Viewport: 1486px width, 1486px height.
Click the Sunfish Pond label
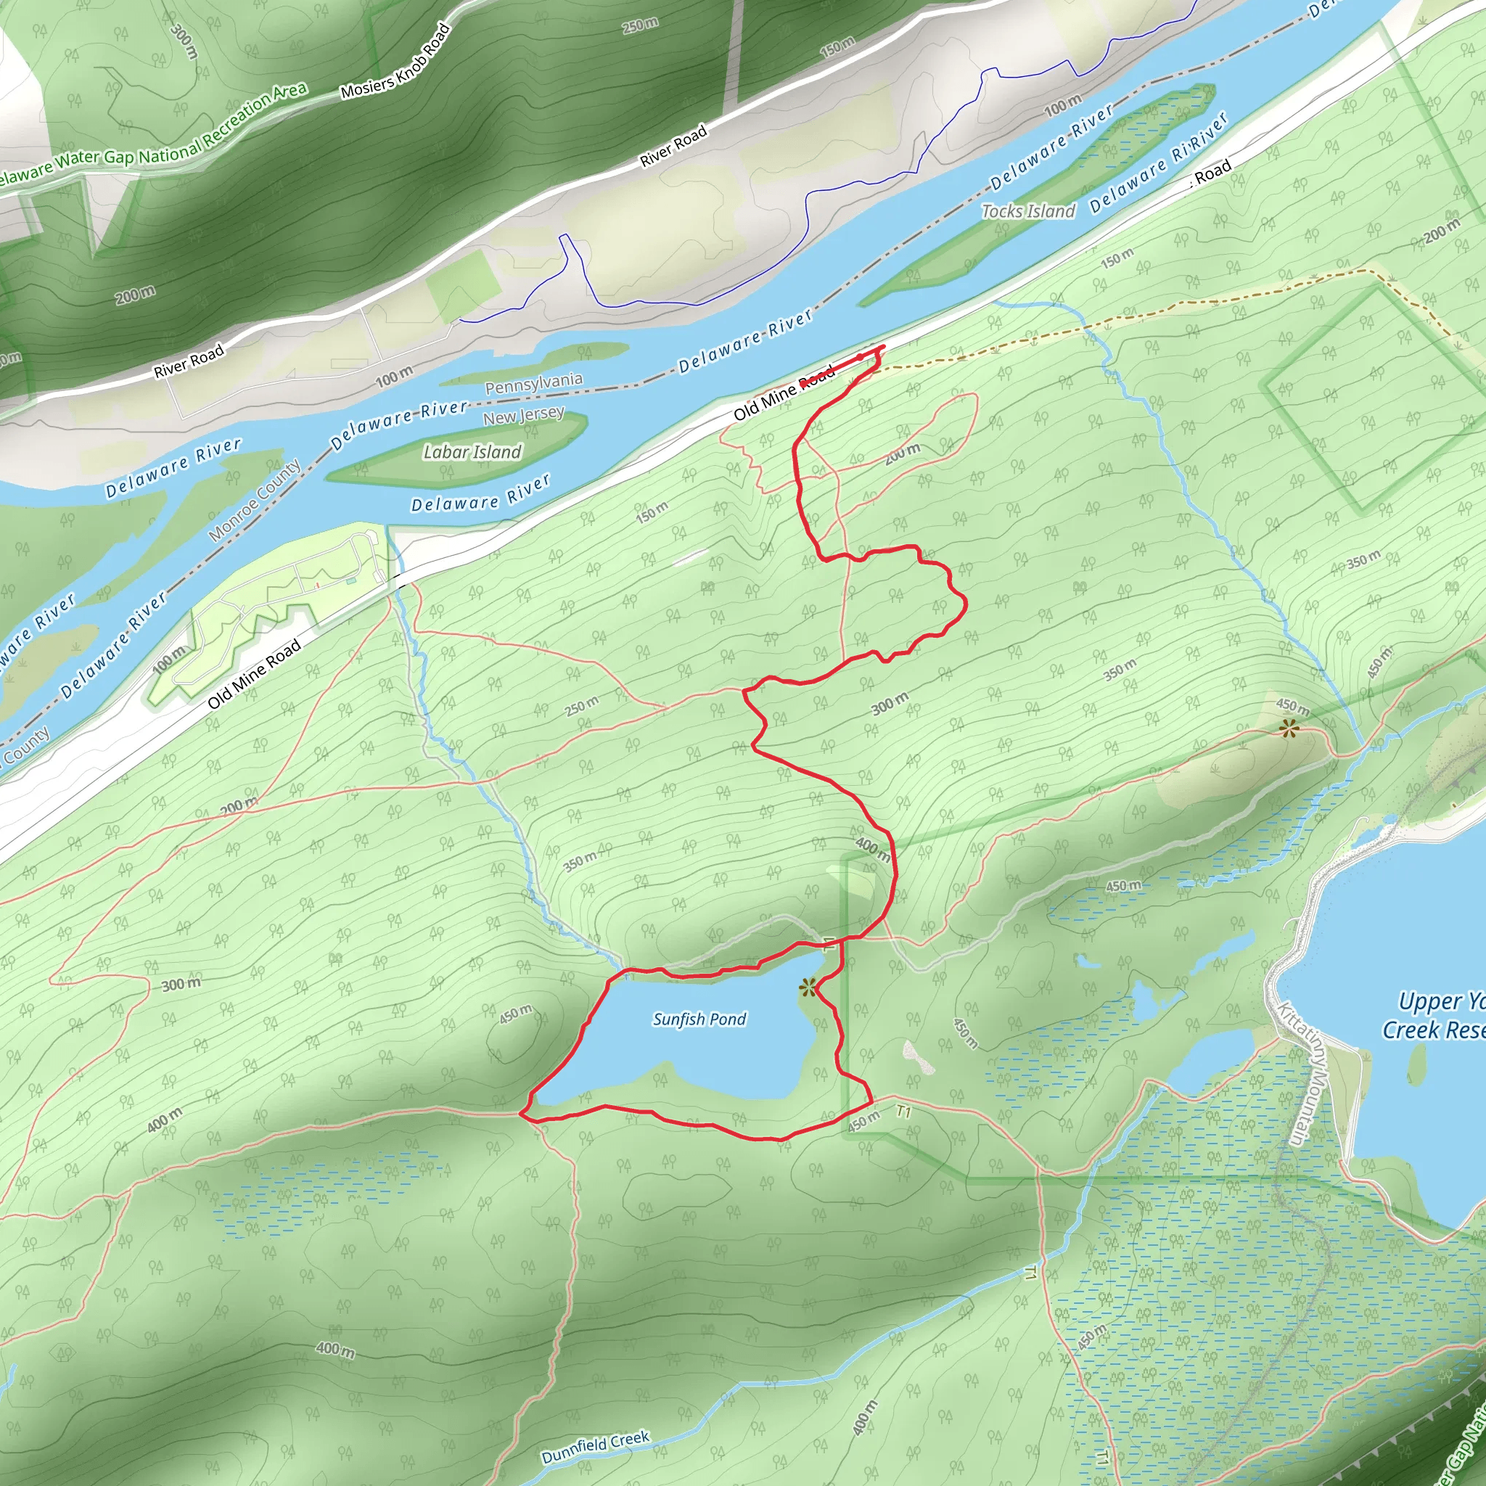(x=699, y=1019)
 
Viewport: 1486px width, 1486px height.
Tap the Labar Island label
(x=472, y=451)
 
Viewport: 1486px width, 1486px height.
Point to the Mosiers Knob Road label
(x=395, y=62)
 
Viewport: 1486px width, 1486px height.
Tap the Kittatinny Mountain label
(x=1303, y=1073)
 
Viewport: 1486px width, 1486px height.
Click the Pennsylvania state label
(x=534, y=383)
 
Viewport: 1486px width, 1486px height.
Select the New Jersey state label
(x=524, y=416)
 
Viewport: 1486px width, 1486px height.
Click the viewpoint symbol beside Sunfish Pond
(x=807, y=987)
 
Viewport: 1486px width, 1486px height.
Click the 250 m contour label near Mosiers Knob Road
(x=641, y=25)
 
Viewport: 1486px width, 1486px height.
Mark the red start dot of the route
(x=860, y=358)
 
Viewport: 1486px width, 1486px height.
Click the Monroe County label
(x=255, y=500)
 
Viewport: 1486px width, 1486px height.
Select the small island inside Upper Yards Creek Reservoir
(x=1417, y=1064)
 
